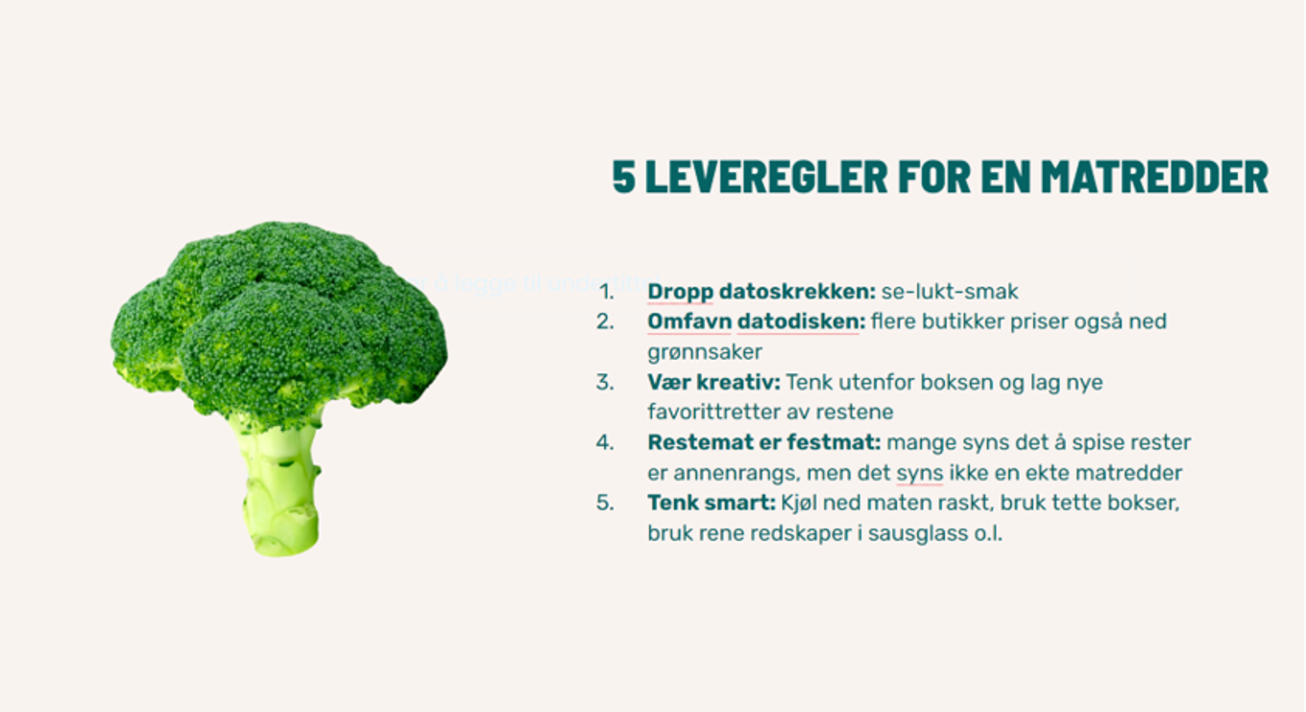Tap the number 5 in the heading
(x=624, y=178)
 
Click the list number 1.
(x=605, y=291)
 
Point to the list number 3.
(x=604, y=382)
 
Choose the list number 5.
(x=604, y=502)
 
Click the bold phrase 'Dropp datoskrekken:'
(x=762, y=291)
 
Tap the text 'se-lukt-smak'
(x=950, y=291)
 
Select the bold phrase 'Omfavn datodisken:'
(x=756, y=321)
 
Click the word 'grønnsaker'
(x=705, y=352)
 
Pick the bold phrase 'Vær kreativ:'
(x=713, y=382)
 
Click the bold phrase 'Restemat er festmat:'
(x=763, y=442)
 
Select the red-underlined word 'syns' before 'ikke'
(x=919, y=473)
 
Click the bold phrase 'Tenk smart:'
(x=711, y=502)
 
